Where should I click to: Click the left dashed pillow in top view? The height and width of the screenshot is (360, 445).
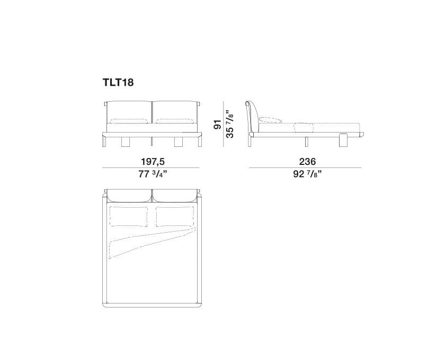coord(128,216)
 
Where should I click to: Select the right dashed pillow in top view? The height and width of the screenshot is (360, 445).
coord(174,216)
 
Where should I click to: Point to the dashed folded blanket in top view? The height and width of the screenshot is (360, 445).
coord(143,242)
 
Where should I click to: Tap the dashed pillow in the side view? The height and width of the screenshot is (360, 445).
coord(272,119)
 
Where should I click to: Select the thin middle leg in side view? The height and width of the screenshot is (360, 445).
coord(307,140)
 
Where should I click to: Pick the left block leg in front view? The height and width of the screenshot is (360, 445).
coord(127,141)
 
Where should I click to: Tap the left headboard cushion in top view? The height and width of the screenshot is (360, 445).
coord(129,197)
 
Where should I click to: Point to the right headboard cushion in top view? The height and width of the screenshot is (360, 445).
coord(175,197)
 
